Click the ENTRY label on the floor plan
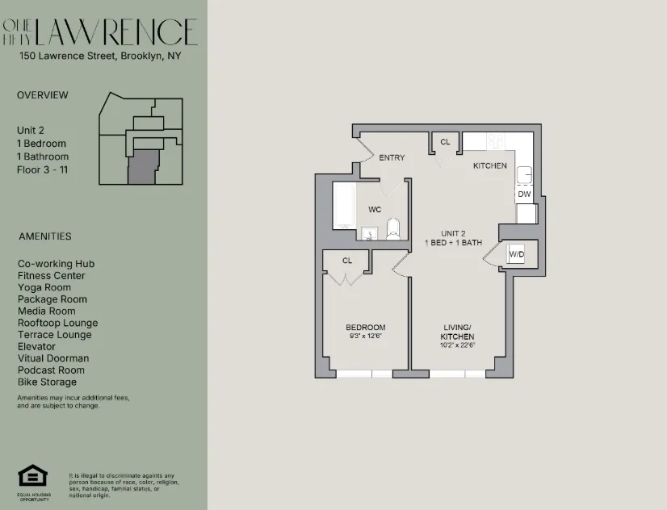pos(392,157)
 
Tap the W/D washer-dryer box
pos(516,255)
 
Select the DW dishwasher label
pos(524,194)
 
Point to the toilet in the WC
pos(392,228)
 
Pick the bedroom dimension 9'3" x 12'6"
pos(365,336)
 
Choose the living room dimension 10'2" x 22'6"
pos(457,345)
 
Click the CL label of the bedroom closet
pos(347,261)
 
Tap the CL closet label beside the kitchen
pos(445,142)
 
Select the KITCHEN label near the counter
pos(490,165)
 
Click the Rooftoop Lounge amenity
pos(57,323)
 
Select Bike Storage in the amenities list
pos(47,382)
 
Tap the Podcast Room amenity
pos(50,370)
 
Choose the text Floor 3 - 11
pos(44,169)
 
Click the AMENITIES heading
pos(44,236)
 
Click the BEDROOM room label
pos(365,327)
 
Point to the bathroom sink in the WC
pos(369,234)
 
